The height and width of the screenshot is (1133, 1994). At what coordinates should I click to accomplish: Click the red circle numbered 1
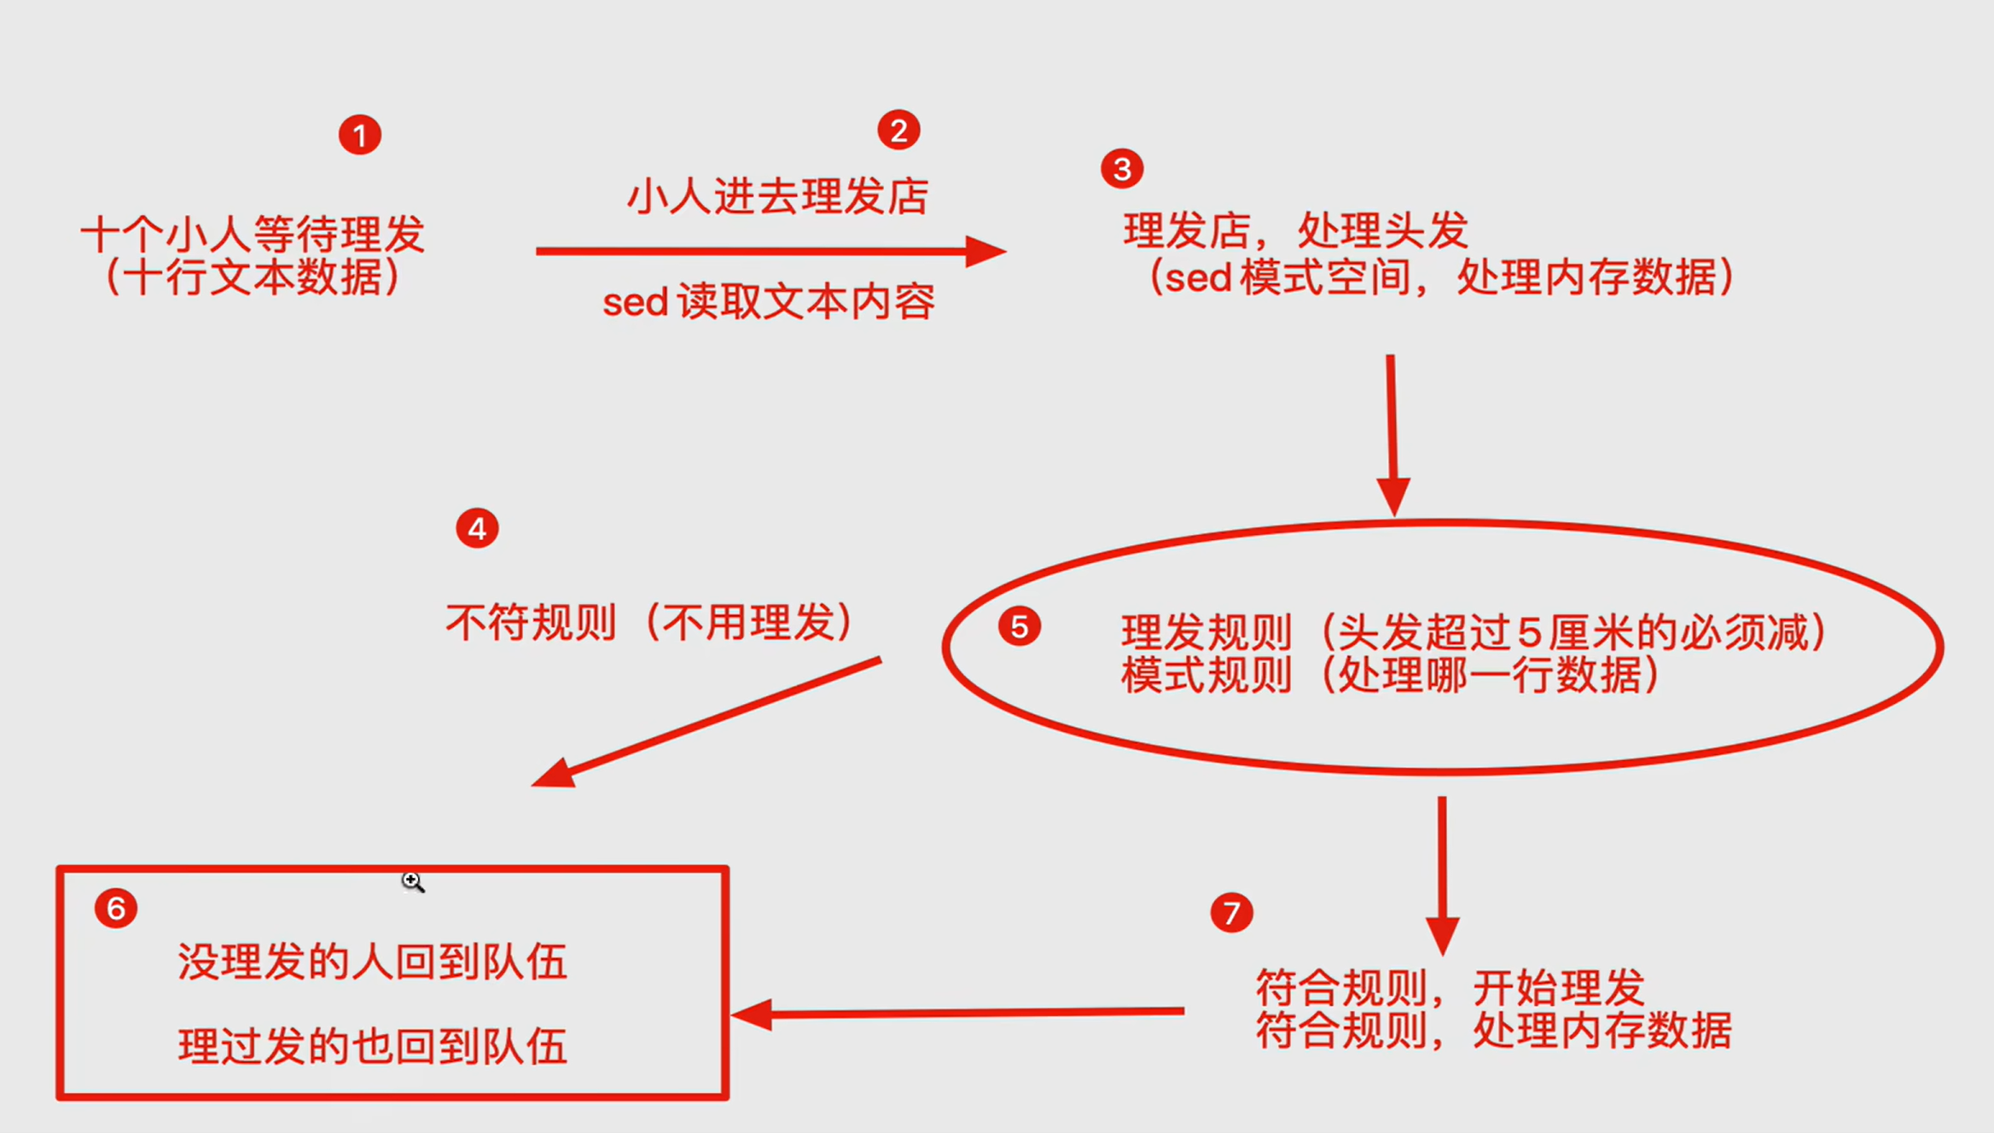359,135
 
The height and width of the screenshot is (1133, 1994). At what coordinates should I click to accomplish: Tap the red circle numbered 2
898,130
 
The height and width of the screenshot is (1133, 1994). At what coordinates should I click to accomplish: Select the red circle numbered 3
1121,169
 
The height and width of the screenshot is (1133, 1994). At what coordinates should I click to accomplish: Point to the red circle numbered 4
477,528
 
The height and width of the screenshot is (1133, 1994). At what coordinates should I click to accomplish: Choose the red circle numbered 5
1019,627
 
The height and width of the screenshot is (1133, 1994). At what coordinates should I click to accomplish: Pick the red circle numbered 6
116,908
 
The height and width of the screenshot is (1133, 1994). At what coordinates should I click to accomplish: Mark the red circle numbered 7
1231,913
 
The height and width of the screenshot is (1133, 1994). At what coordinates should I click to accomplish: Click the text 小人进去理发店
777,196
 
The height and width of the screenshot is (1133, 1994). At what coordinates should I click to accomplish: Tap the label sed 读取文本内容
769,302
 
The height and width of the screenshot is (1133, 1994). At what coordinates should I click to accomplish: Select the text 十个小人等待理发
253,234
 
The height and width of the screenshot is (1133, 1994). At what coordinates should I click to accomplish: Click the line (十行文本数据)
253,277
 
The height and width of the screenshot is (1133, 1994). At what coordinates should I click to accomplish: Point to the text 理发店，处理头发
1294,230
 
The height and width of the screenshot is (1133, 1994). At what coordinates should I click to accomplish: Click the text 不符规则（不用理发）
649,622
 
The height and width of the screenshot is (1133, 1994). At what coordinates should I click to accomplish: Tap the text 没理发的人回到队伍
372,962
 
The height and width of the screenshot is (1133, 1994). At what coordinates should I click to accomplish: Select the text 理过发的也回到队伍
372,1046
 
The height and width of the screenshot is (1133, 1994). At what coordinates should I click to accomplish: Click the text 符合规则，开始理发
1450,988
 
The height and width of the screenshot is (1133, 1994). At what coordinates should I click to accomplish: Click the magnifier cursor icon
412,881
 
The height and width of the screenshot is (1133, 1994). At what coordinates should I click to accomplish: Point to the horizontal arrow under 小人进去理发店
770,251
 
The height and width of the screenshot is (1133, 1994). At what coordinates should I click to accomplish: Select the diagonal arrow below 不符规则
706,721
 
